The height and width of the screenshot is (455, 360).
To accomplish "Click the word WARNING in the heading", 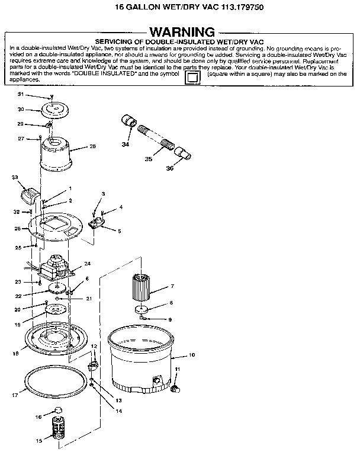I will click(x=182, y=31).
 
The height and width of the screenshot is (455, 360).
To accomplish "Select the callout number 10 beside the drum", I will click(x=191, y=355).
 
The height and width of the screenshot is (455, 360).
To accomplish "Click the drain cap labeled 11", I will click(x=175, y=389).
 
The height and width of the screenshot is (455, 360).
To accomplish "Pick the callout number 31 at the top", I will click(x=20, y=95).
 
